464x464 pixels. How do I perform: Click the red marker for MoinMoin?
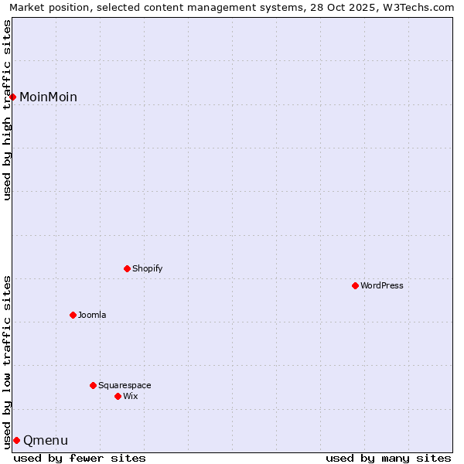13,97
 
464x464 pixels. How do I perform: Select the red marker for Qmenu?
16,440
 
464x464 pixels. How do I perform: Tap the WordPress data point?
355,285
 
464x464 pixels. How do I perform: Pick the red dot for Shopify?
127,268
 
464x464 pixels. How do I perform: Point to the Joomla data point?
73,315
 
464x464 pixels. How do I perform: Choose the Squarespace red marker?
93,385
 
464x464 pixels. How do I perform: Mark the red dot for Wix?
118,396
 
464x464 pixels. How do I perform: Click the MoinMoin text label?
48,97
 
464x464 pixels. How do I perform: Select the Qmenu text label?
46,441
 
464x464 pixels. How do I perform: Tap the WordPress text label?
382,285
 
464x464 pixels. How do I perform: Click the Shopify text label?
147,268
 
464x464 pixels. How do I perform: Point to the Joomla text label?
92,315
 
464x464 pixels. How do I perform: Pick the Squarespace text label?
125,385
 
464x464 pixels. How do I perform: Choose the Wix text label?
130,396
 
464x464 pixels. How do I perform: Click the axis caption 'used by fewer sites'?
80,458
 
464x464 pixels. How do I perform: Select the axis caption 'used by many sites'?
388,458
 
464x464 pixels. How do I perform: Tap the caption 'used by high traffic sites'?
8,110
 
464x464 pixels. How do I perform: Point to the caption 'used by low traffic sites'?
8,361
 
